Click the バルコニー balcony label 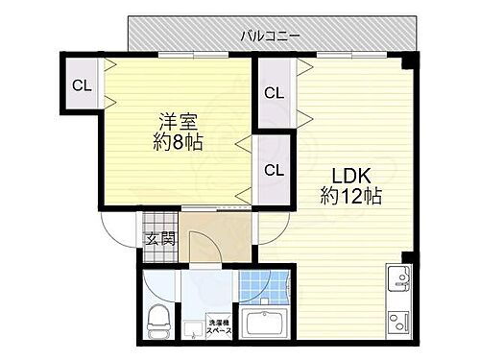point(271,35)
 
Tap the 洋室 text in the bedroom point(180,123)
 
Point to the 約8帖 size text point(180,144)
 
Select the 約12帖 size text point(350,197)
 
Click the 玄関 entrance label point(159,239)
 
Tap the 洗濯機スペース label point(220,325)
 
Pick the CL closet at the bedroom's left point(83,84)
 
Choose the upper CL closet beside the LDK point(275,93)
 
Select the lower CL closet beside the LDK point(275,171)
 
